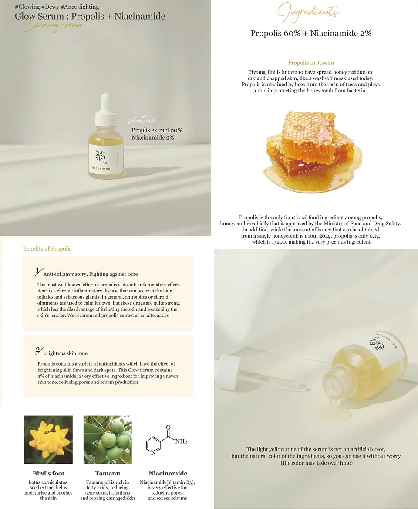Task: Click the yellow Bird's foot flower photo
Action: (48, 439)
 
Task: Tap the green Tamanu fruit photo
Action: (107, 439)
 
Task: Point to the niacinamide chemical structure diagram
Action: (165, 440)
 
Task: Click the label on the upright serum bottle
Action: (107, 161)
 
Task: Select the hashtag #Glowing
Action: (27, 7)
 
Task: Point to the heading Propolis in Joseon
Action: (311, 63)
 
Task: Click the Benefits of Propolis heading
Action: (47, 249)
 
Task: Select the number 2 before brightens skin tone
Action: (38, 351)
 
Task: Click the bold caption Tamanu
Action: (107, 473)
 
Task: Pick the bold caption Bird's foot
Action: (48, 473)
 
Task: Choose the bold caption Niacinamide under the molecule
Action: (168, 473)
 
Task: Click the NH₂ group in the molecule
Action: (181, 441)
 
